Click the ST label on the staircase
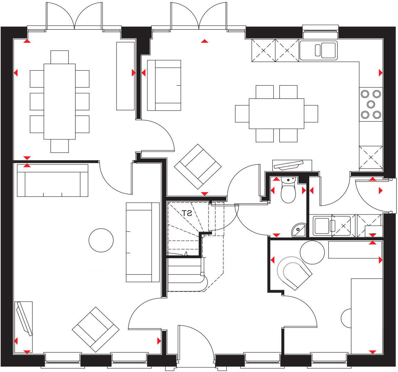tap(187, 213)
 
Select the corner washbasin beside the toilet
tap(298, 230)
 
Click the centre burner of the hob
tap(370, 104)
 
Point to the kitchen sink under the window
tap(318, 50)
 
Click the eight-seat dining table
tap(60, 101)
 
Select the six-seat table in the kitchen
tap(276, 114)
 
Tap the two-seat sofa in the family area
tap(164, 85)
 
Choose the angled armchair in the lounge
tap(95, 329)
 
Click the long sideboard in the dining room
tap(125, 76)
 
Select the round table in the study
tap(312, 252)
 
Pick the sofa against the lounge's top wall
tap(52, 184)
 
